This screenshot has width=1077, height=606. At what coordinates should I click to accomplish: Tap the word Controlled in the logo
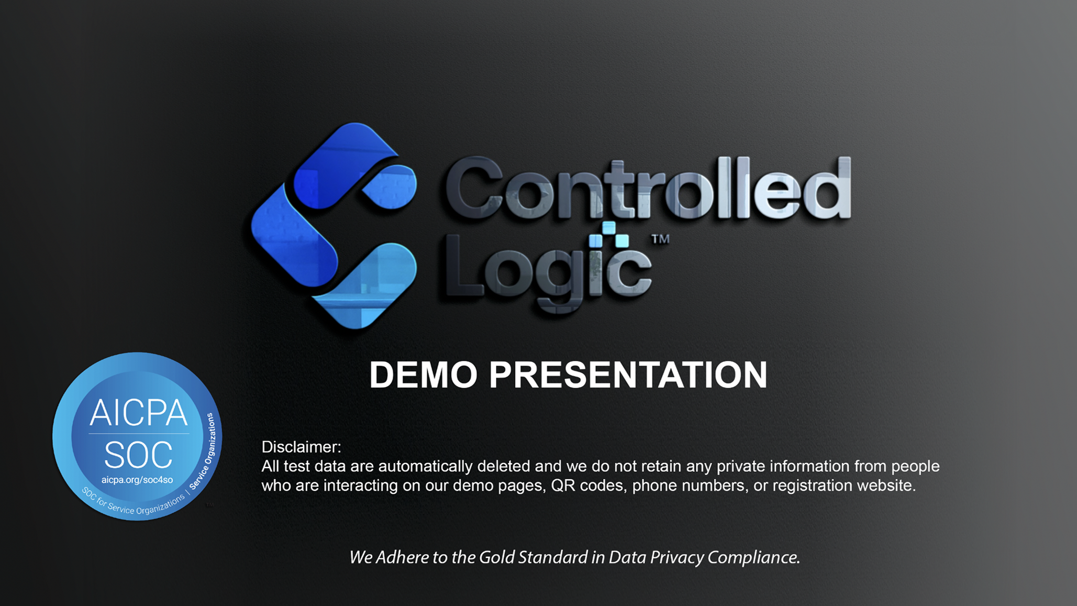point(648,188)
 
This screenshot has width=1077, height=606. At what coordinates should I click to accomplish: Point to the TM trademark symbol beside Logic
point(660,239)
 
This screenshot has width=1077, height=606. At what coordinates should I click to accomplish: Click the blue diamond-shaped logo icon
point(334,226)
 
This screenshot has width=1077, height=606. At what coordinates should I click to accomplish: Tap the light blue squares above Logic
point(608,235)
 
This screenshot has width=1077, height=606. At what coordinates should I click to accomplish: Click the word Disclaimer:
point(301,447)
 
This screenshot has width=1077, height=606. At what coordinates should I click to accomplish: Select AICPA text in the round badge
point(138,413)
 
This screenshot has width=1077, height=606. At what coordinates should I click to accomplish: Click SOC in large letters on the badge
point(138,455)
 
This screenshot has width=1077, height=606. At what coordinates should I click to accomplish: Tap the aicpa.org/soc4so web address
point(137,480)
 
